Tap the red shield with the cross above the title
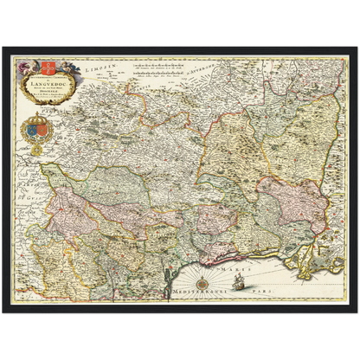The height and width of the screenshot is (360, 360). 47,65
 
